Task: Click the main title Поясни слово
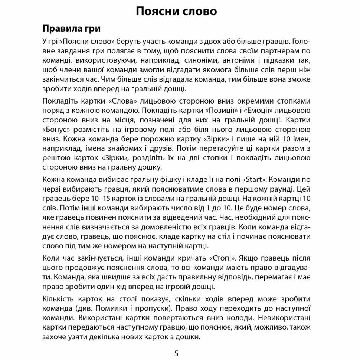coord(176,11)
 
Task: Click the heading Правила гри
coord(71,29)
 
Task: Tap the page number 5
coord(176,353)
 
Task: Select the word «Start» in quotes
coord(254,180)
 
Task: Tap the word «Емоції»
coord(265,111)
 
